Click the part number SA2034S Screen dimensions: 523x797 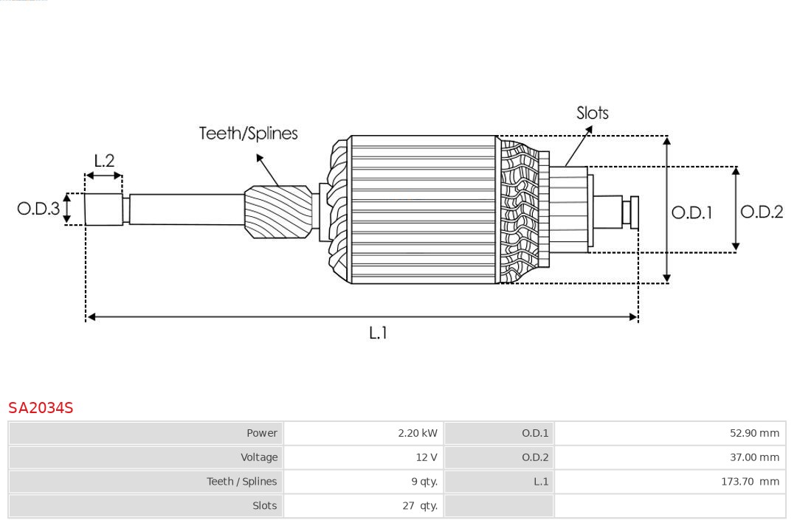(41, 408)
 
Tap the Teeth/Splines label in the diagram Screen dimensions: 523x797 (249, 134)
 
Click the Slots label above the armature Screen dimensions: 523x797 (593, 113)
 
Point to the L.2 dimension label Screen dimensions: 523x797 (104, 161)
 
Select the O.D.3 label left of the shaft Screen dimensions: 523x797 (38, 209)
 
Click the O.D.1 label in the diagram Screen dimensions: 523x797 (691, 213)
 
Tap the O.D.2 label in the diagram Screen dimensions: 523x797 (762, 212)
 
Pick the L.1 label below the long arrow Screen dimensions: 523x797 (378, 333)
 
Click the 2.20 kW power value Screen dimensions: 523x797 (417, 433)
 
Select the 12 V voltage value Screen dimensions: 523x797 (426, 457)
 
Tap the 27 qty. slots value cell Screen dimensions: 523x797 (419, 506)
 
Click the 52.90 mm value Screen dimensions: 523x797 (754, 433)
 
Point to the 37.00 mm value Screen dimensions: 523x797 (754, 457)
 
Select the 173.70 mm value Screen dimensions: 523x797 (750, 482)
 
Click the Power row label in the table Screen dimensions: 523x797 (262, 433)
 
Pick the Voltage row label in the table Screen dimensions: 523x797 (259, 457)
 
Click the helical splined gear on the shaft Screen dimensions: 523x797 (278, 211)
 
